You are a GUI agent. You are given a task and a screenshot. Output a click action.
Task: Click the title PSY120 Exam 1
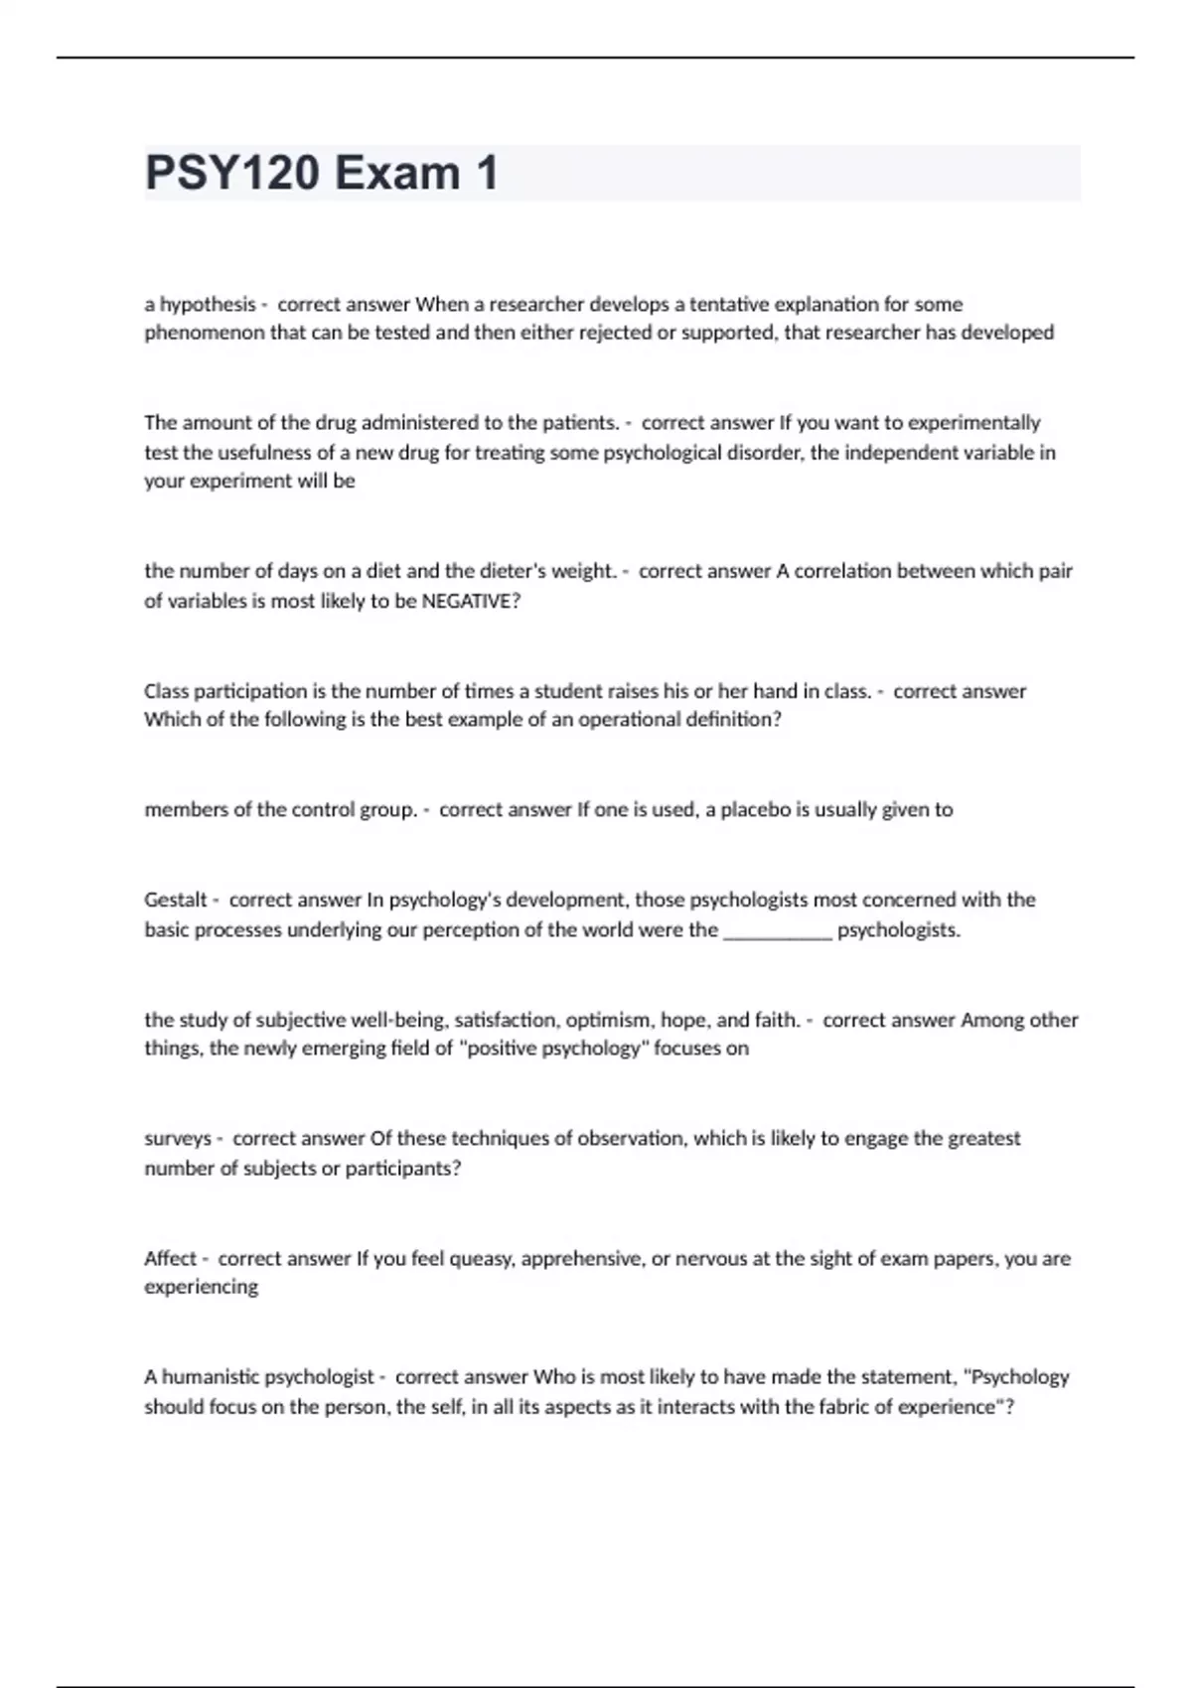pyautogui.click(x=321, y=174)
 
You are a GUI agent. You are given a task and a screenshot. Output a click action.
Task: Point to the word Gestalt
pyautogui.click(x=175, y=900)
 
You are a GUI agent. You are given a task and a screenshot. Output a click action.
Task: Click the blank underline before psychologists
pyautogui.click(x=777, y=930)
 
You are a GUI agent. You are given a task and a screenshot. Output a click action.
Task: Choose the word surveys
pyautogui.click(x=178, y=1138)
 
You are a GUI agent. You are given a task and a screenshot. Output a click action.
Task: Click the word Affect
pyautogui.click(x=170, y=1258)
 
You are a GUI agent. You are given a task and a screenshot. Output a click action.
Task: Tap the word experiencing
pyautogui.click(x=201, y=1287)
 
